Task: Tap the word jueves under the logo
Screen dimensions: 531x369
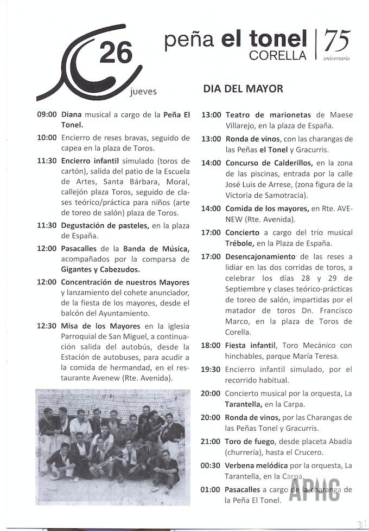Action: coord(144,92)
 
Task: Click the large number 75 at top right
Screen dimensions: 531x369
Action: coord(336,40)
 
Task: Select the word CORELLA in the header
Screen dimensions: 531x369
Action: coord(278,55)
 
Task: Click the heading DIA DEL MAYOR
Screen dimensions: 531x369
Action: coord(243,88)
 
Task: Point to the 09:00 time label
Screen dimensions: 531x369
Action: coord(47,115)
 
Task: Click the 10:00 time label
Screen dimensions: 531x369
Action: coord(47,138)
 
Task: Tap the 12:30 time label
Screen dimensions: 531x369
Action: coord(47,326)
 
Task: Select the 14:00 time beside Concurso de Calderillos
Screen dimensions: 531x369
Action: coord(211,163)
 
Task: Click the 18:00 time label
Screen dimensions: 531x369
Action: coord(211,345)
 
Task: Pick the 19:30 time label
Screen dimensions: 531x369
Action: coord(211,369)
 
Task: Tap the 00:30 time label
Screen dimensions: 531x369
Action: coord(211,465)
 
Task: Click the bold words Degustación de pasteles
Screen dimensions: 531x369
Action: coord(105,225)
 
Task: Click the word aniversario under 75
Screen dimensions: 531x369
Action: coord(336,57)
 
